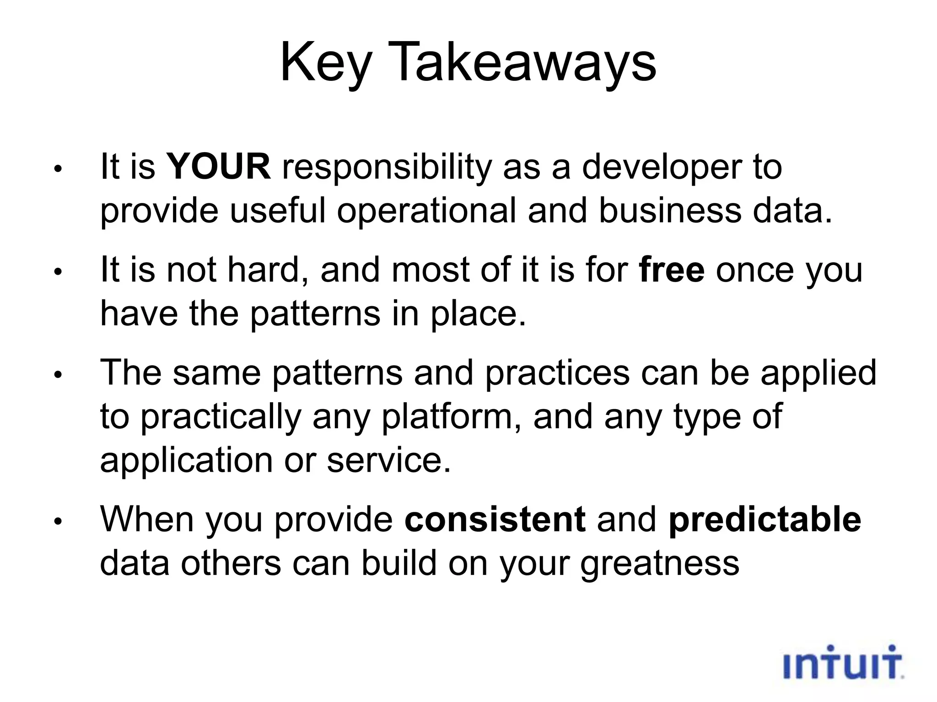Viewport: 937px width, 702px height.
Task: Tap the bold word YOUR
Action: coord(218,166)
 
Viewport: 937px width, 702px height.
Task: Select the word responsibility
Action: coord(387,167)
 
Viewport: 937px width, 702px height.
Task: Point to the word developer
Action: coord(662,167)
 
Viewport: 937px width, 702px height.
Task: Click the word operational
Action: coord(426,211)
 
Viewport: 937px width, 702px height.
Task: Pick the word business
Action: coord(670,211)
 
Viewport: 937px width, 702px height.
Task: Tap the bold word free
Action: coord(672,270)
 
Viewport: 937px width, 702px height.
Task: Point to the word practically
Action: coord(221,417)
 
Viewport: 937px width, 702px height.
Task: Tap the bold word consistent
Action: coord(495,520)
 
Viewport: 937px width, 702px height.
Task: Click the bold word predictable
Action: coord(765,520)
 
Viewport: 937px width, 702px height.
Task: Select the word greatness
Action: coord(660,564)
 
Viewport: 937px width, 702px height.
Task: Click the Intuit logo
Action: coord(843,663)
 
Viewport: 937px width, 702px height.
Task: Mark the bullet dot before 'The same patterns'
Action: coord(57,375)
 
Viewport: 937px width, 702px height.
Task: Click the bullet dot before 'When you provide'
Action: coord(57,521)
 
